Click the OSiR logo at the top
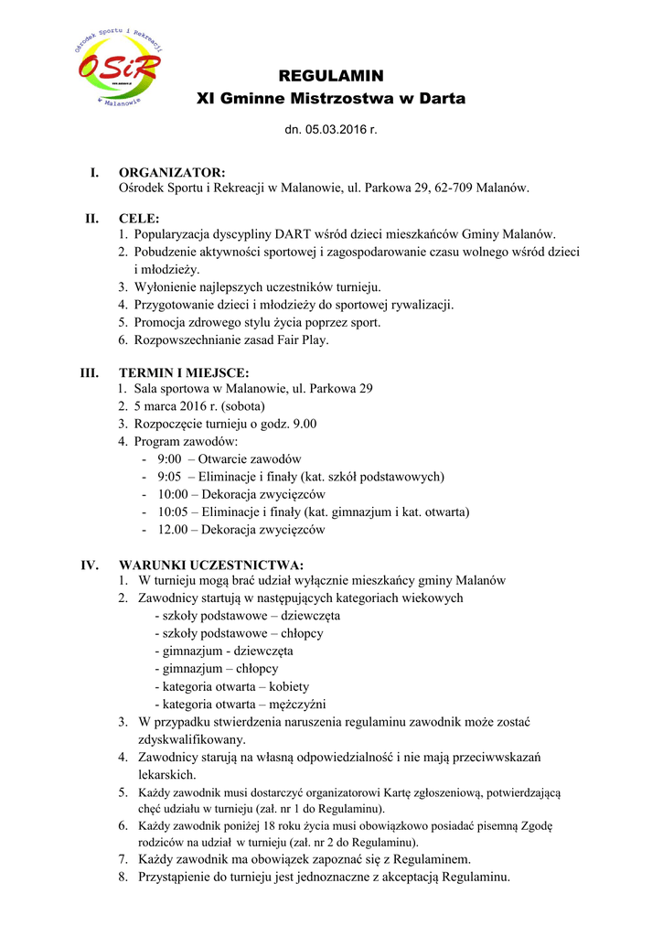coord(118,67)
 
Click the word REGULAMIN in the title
coord(330,75)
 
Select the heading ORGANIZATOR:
coord(172,172)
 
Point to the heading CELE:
coord(139,219)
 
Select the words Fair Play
coord(297,339)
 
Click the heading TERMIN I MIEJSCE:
coord(184,372)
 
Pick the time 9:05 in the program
coord(169,477)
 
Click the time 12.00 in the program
coord(173,529)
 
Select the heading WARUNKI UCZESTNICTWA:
coord(211,565)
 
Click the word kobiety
coord(286,686)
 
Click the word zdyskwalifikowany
coord(191,738)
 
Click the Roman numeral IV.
coord(90,565)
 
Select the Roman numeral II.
coord(91,219)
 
